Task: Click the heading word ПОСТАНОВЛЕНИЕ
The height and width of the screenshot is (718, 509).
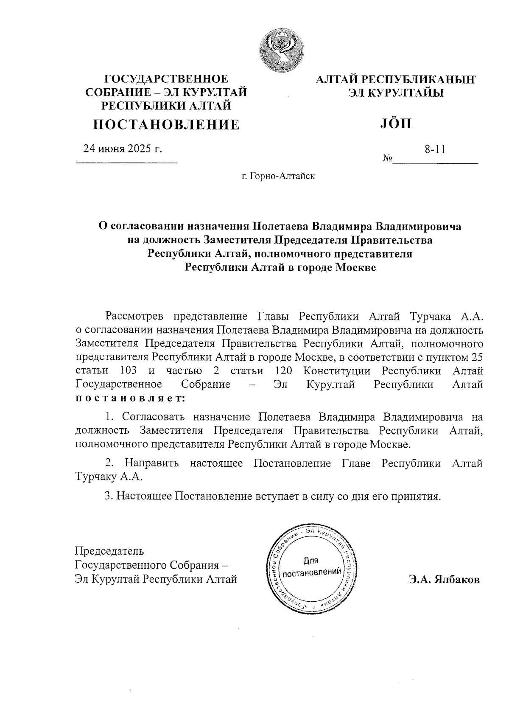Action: pyautogui.click(x=166, y=124)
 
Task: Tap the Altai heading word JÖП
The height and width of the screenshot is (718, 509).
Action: pyautogui.click(x=394, y=123)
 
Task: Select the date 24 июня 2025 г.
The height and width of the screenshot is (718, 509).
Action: pyautogui.click(x=123, y=149)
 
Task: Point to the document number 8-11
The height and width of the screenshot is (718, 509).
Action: pyautogui.click(x=435, y=149)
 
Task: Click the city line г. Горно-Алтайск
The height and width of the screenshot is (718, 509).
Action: pyautogui.click(x=278, y=176)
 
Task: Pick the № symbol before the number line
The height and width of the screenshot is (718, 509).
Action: pyautogui.click(x=387, y=159)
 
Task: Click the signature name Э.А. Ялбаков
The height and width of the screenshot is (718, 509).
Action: pyautogui.click(x=444, y=580)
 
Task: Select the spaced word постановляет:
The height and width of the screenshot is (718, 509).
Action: pyautogui.click(x=130, y=398)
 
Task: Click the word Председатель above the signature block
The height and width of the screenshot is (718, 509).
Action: pyautogui.click(x=109, y=551)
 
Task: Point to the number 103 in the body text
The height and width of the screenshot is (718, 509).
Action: pyautogui.click(x=128, y=370)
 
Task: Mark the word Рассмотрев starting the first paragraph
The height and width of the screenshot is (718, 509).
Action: pyautogui.click(x=134, y=316)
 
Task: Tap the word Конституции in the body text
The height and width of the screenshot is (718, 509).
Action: pyautogui.click(x=337, y=370)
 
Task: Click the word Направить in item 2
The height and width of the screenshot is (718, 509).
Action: pyautogui.click(x=152, y=463)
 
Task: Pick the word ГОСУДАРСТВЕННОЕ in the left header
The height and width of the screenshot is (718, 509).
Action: pyautogui.click(x=166, y=79)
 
